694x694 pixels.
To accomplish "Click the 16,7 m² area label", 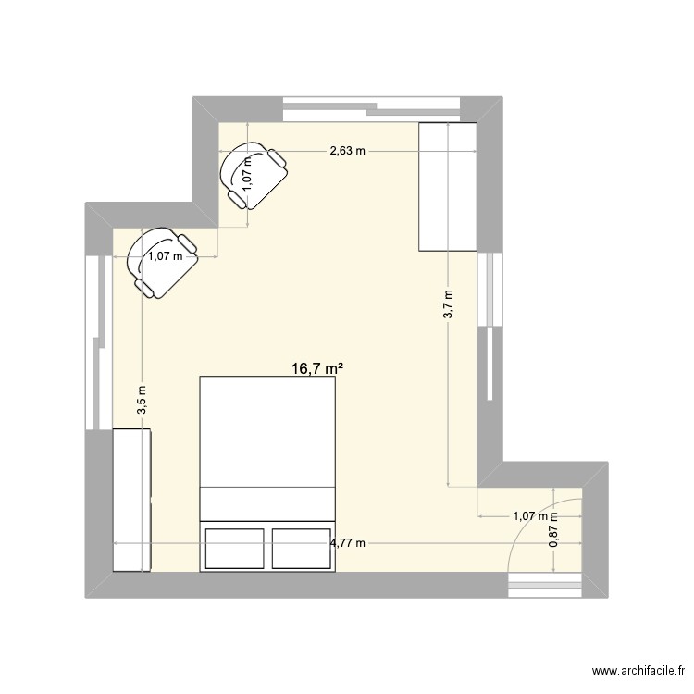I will [x=317, y=368].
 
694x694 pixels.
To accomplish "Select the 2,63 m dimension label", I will [x=348, y=150].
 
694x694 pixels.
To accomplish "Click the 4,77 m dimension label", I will [x=348, y=542].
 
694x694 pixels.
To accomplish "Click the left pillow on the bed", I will [x=233, y=547].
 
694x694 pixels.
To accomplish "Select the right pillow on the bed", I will [x=301, y=547].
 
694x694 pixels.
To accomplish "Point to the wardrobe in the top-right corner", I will [x=448, y=187].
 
